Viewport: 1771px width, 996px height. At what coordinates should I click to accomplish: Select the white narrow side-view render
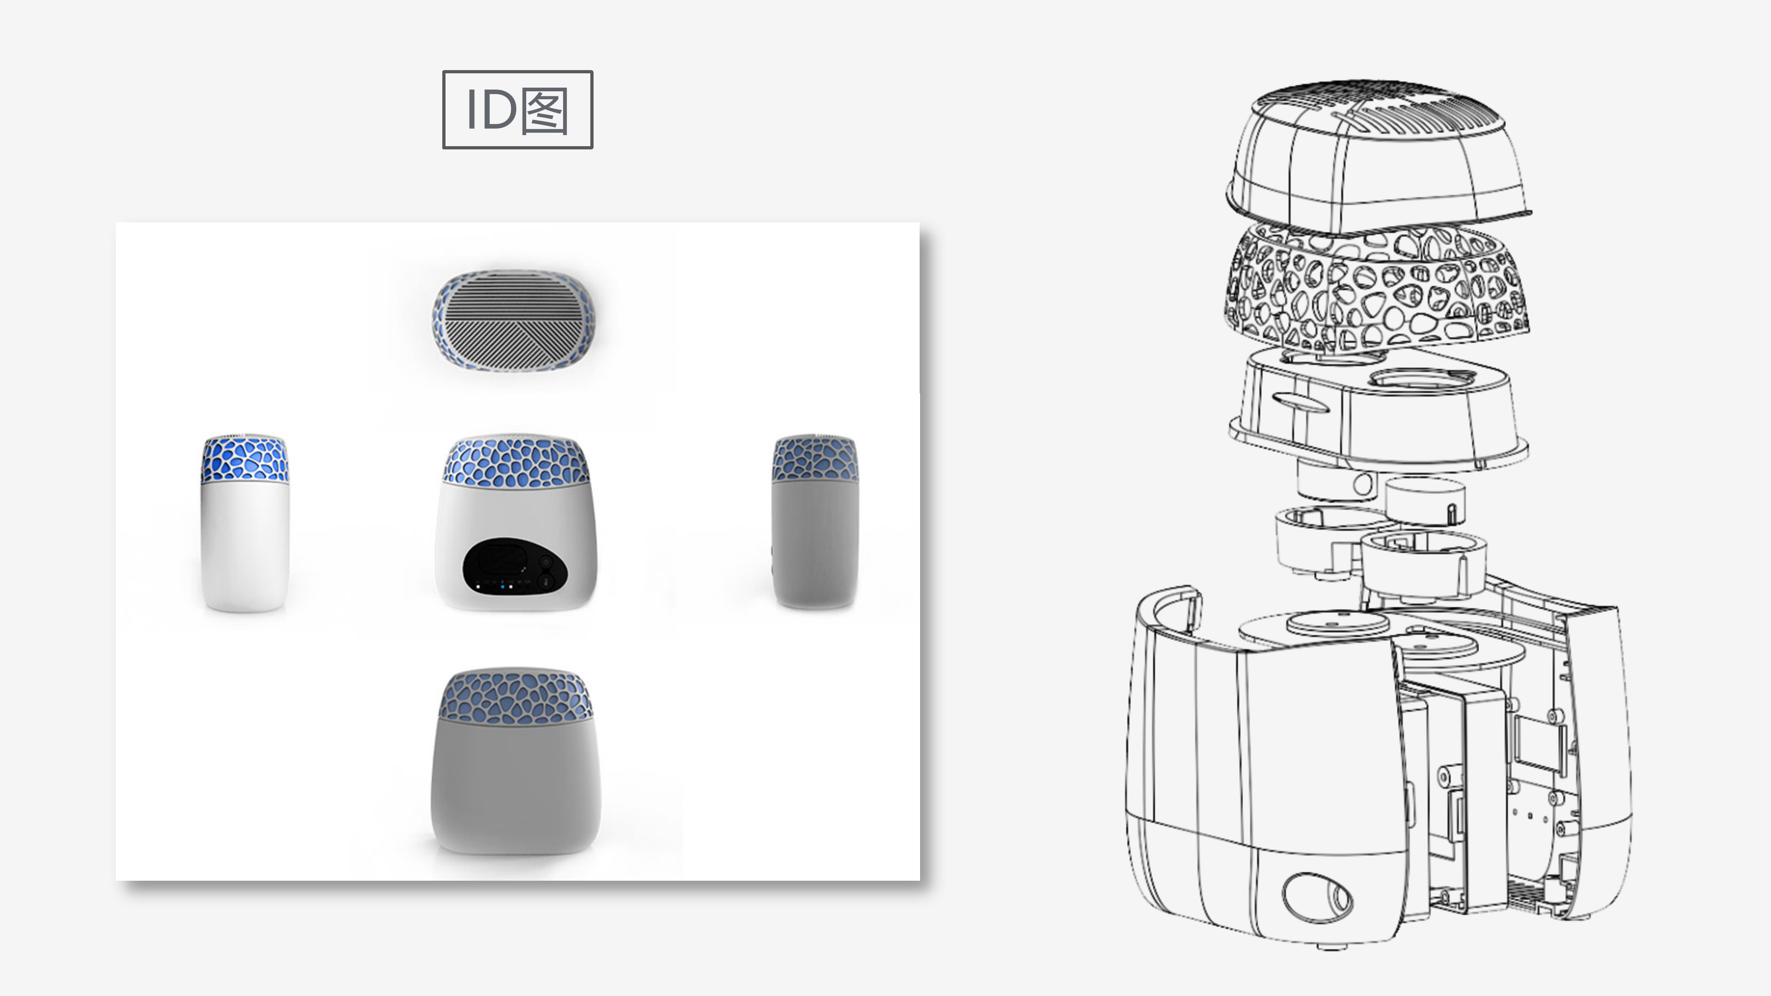tap(245, 522)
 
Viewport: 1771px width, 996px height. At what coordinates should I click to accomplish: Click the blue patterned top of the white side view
tap(245, 458)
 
